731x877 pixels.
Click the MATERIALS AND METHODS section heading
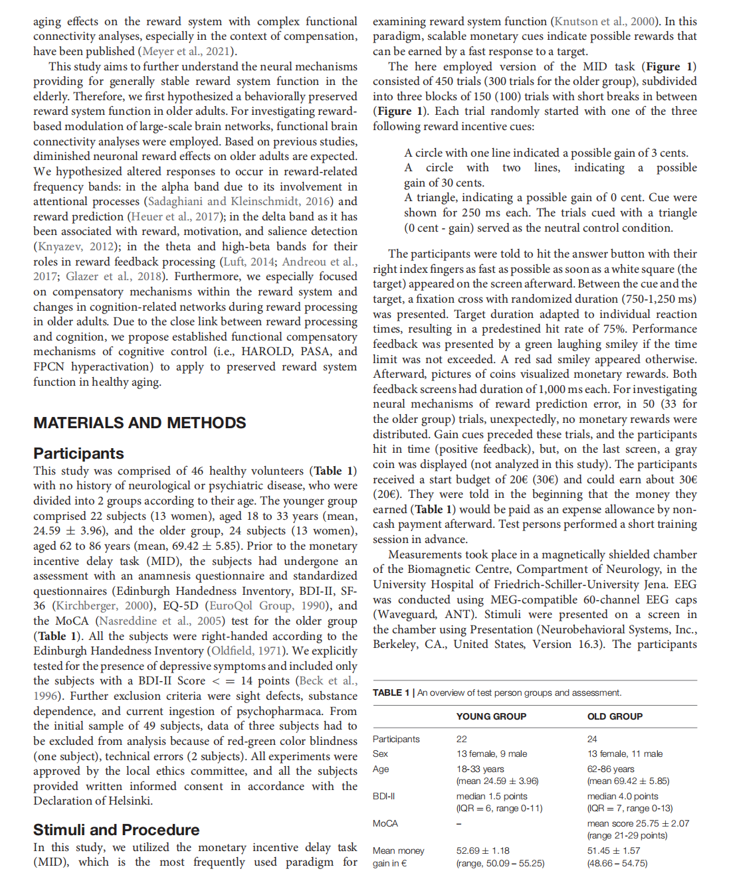point(140,423)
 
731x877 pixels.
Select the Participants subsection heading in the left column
point(78,453)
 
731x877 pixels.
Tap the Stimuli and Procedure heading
point(116,830)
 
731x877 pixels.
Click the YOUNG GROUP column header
point(491,716)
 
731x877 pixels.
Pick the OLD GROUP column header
point(615,716)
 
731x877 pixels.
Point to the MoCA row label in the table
point(385,823)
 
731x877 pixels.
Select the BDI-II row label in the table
point(384,796)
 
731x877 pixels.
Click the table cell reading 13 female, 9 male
point(492,754)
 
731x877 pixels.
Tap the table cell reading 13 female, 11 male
point(625,754)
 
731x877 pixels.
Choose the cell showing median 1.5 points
point(492,796)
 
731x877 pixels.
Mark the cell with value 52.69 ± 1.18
point(483,850)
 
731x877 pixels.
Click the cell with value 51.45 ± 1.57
point(613,850)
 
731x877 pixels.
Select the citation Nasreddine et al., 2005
point(159,621)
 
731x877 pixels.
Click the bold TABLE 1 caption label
point(391,692)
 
